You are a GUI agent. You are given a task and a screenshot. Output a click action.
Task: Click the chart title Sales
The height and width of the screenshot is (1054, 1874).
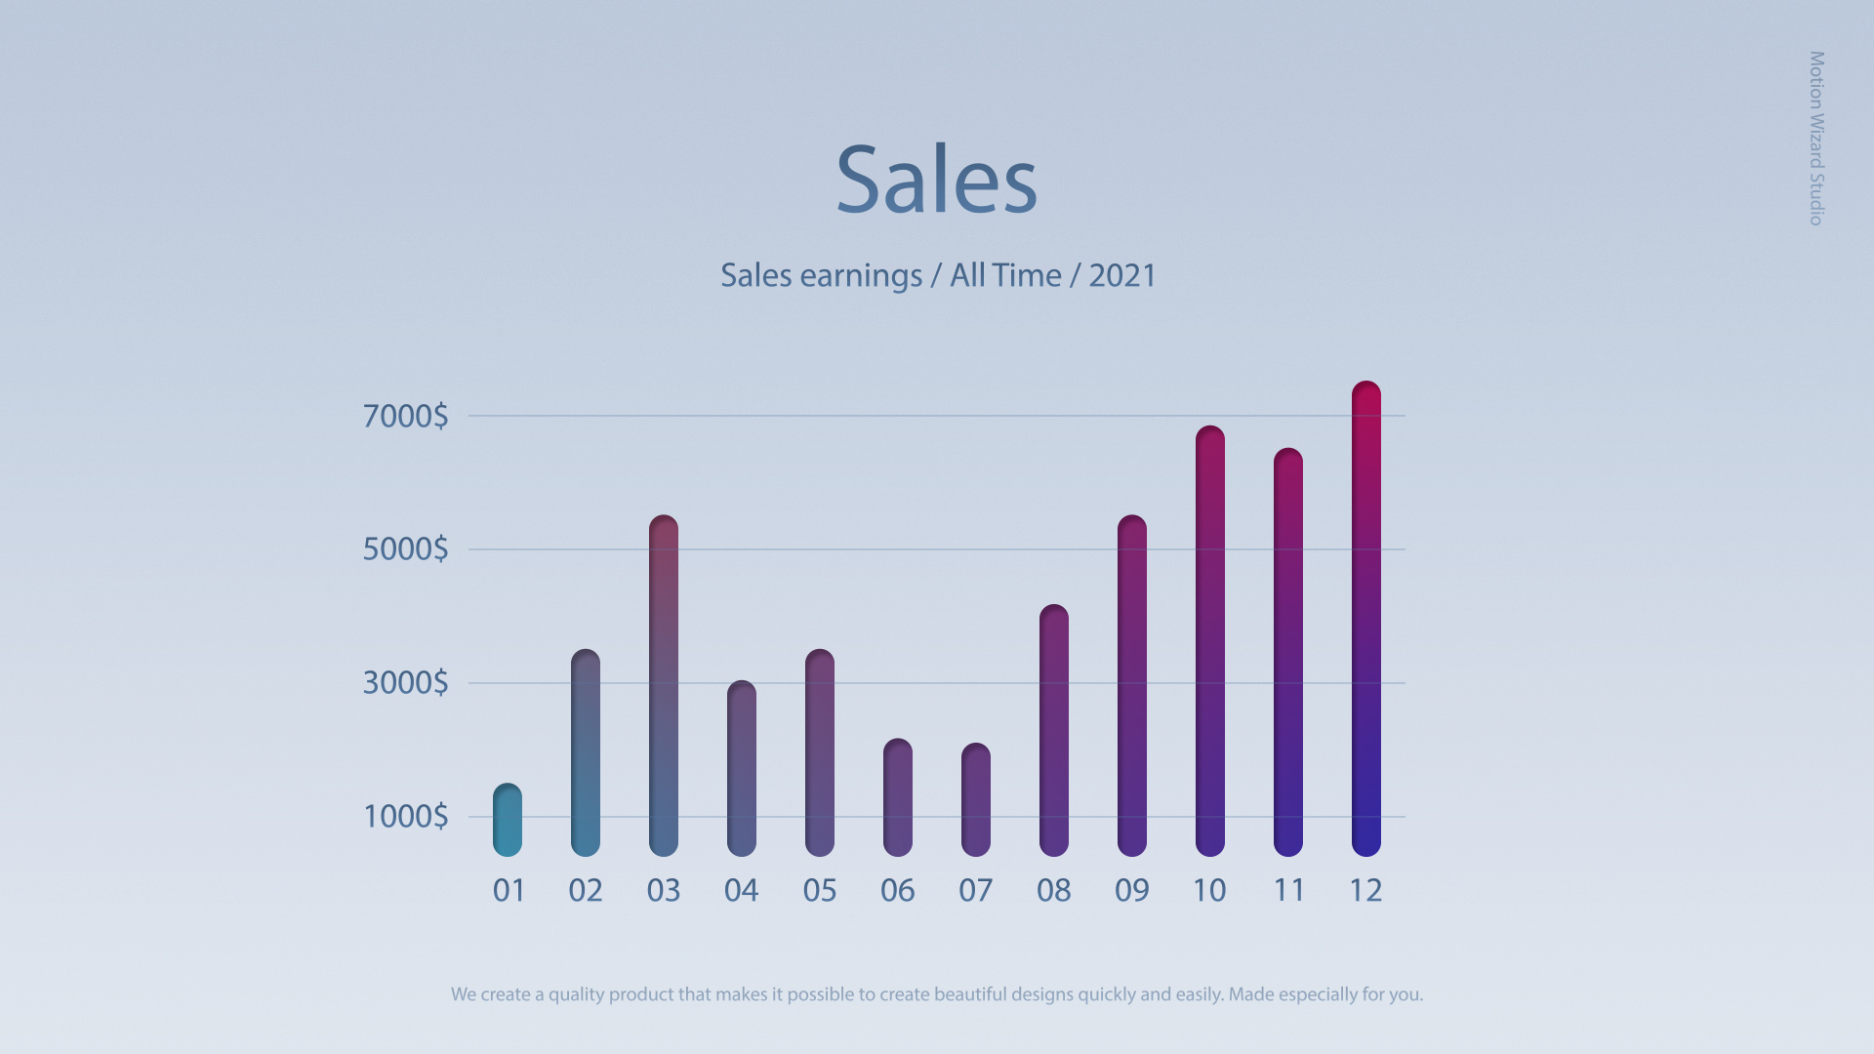936,180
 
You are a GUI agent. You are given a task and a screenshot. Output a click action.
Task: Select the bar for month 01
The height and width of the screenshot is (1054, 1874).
508,820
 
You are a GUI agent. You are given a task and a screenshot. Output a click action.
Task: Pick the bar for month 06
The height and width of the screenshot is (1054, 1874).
898,797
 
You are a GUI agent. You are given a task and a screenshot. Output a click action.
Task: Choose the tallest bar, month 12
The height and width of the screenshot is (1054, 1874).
1366,619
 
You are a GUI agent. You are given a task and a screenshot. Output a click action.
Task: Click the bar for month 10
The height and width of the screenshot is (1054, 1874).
1210,641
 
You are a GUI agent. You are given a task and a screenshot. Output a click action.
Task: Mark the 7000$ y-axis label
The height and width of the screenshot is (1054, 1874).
405,417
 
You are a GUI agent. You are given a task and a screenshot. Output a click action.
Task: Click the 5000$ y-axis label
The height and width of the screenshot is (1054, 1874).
405,549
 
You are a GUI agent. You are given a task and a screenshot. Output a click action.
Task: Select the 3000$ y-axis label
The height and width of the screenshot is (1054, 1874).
405,683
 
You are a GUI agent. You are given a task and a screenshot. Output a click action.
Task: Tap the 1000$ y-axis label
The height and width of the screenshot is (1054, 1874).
405,817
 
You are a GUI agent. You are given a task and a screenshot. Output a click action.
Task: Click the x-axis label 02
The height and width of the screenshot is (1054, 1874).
586,891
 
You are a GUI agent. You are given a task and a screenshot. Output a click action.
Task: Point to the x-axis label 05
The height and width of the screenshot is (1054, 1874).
820,891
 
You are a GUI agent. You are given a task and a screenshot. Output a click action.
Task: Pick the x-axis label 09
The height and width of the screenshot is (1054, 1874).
1132,891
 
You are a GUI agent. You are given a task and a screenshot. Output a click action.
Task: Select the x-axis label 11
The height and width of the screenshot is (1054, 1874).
1288,891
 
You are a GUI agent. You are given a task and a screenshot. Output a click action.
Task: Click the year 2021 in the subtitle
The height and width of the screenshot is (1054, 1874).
1122,276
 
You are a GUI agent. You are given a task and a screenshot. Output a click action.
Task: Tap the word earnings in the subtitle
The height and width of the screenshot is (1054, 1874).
860,277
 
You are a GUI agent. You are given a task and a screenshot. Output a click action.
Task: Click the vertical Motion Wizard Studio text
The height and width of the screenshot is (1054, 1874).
1816,138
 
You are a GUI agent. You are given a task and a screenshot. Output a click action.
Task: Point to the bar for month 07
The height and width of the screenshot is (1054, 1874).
976,800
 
